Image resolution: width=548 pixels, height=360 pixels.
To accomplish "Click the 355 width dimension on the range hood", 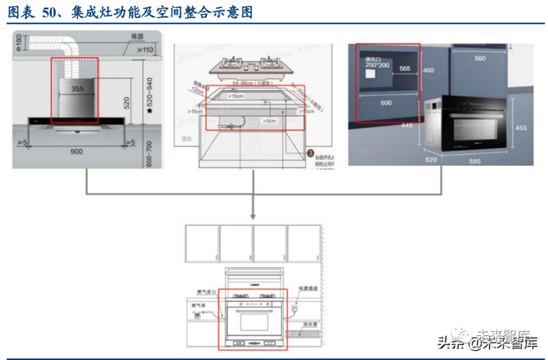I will pos(76,89).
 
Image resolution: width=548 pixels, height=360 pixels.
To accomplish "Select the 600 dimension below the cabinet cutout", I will pos(385,103).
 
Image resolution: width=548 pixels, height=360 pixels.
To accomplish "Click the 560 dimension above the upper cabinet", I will pos(479,58).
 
